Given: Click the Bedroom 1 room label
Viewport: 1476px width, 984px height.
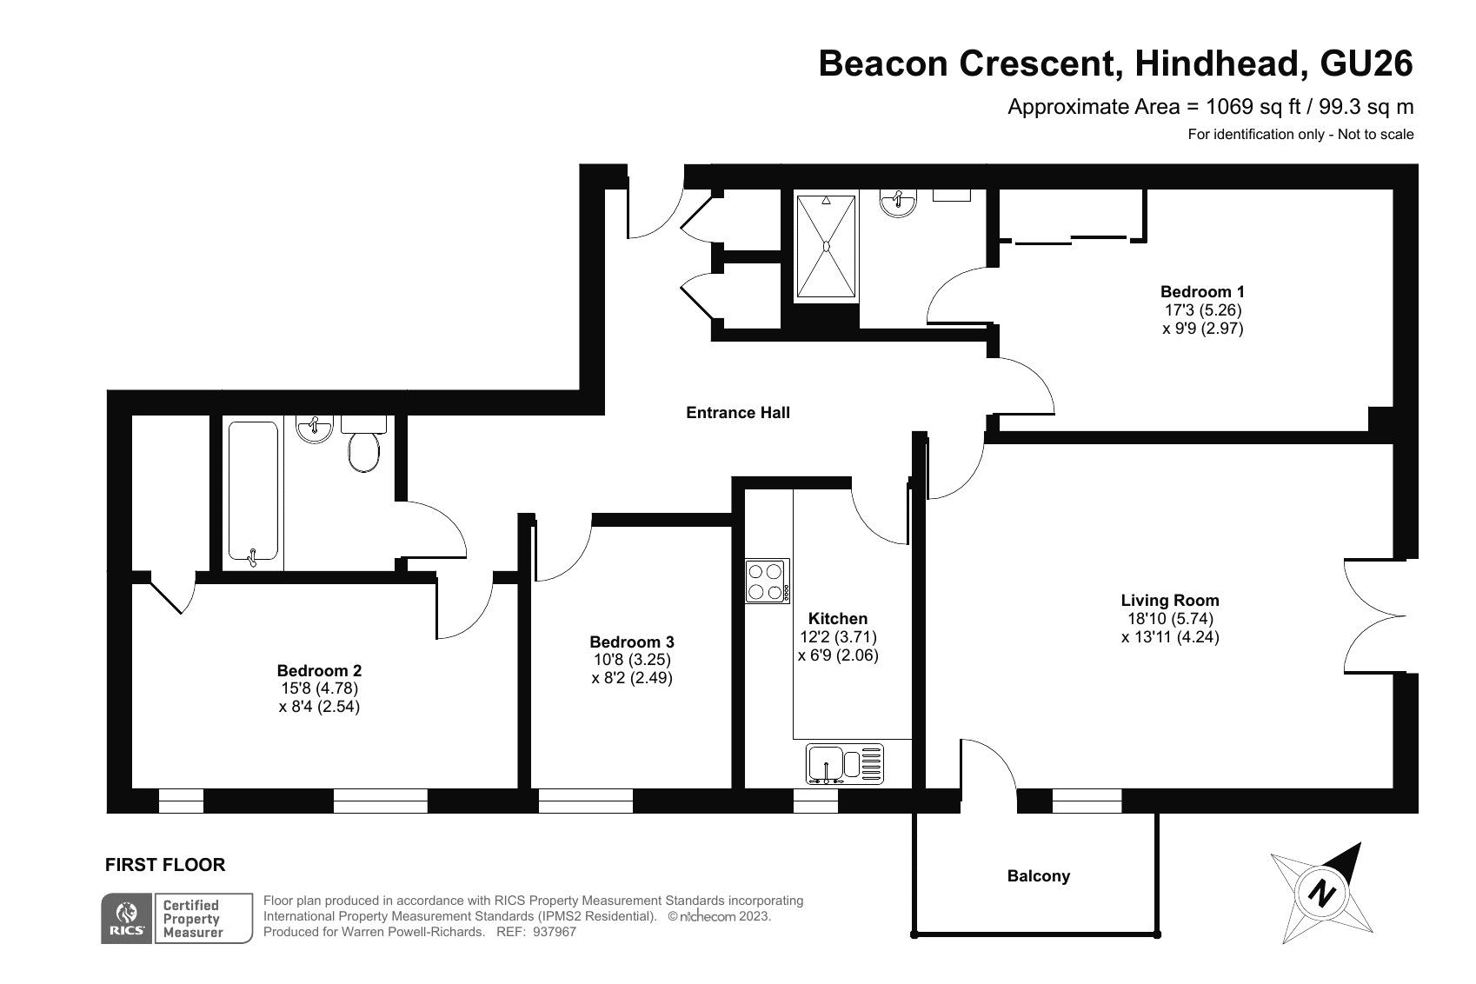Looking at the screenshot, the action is (x=1202, y=291).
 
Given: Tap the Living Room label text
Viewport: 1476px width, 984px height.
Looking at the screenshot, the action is (x=1170, y=601).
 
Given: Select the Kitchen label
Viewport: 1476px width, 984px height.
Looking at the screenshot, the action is (x=837, y=618).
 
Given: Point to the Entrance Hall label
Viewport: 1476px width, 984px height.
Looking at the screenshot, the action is (x=737, y=413).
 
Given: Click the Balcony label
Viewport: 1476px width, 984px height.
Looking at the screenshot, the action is (x=1038, y=876).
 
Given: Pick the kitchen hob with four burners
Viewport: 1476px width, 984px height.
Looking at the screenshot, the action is (x=767, y=582).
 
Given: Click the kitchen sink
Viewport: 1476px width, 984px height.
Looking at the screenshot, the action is (x=844, y=764).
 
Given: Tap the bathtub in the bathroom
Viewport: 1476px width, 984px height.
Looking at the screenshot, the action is (x=253, y=492).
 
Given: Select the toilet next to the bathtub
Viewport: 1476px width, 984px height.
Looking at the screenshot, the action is (x=363, y=443).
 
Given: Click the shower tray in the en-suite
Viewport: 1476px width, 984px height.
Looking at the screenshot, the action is (x=827, y=247).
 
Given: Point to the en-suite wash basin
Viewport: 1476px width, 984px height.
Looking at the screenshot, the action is (x=897, y=203).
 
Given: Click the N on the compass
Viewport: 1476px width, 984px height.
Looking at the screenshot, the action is (x=1321, y=894).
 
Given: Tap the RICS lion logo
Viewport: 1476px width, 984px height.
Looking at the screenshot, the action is (x=127, y=913).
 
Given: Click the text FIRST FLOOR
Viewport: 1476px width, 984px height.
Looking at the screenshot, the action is (x=165, y=865).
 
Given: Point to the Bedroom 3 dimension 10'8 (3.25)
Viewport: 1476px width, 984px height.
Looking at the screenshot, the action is (x=632, y=660).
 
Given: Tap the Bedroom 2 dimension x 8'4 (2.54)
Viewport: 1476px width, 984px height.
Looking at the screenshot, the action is (x=319, y=707).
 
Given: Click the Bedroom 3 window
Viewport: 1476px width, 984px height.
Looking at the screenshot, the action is (x=586, y=801).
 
